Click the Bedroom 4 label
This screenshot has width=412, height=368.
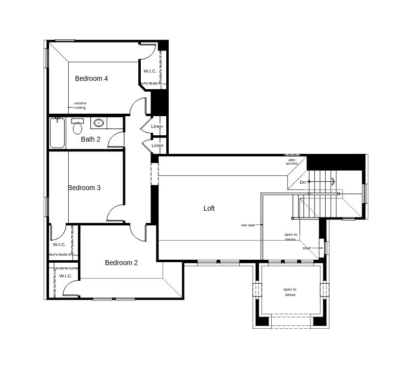click(x=91, y=78)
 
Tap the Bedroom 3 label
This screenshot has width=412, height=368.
click(x=84, y=188)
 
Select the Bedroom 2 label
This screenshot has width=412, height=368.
click(x=121, y=263)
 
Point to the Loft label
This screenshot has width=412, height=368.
click(x=209, y=208)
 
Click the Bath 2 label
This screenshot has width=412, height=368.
click(x=90, y=139)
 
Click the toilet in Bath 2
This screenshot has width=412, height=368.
click(x=77, y=126)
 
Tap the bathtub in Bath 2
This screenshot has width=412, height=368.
click(x=57, y=133)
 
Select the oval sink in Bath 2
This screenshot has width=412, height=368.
click(x=99, y=123)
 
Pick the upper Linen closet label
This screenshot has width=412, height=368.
click(x=157, y=126)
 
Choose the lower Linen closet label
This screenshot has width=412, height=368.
click(x=157, y=146)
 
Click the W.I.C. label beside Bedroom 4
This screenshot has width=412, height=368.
click(x=150, y=71)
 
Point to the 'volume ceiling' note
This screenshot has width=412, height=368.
click(x=80, y=105)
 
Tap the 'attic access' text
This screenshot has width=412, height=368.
click(x=292, y=162)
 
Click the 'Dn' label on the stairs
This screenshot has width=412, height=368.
click(x=303, y=182)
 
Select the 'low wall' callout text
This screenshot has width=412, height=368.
click(x=248, y=225)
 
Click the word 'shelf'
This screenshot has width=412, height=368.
click(x=307, y=248)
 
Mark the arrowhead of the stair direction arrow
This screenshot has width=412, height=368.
click(x=333, y=181)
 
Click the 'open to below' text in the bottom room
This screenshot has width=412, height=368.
click(x=290, y=292)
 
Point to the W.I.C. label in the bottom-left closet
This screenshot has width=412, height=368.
click(x=66, y=276)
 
